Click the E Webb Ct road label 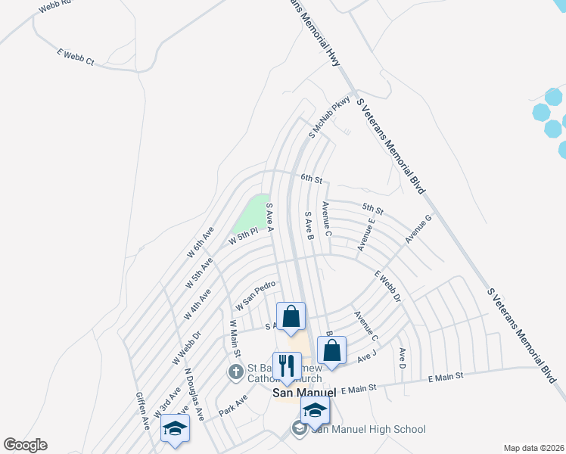(75, 55)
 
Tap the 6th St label (311, 179)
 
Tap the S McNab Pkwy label (329, 117)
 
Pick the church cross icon (236, 372)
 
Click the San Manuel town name (303, 393)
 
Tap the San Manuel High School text (368, 430)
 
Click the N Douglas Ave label (194, 394)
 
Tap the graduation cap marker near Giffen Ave (175, 429)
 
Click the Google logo (25, 445)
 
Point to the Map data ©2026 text (534, 448)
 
